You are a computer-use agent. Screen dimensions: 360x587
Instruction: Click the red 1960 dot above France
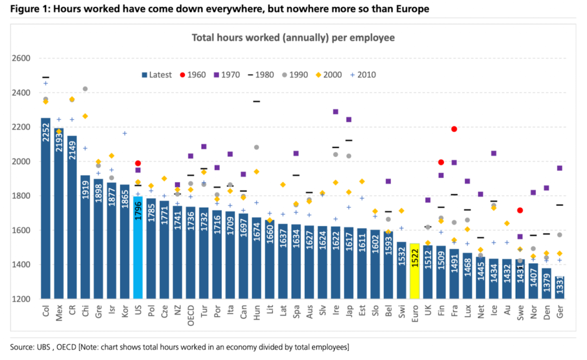tap(454, 129)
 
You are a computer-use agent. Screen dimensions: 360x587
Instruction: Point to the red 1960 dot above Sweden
tap(520, 210)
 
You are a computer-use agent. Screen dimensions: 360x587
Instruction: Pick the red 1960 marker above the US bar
tap(138, 163)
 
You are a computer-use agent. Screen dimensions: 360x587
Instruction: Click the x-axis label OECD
tap(191, 315)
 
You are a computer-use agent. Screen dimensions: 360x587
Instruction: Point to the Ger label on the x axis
tap(560, 313)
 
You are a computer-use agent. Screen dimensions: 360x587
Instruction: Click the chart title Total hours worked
tap(293, 38)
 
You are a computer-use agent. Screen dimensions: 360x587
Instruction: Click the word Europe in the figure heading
tap(410, 9)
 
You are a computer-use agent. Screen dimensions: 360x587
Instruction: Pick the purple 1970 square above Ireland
tap(335, 111)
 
